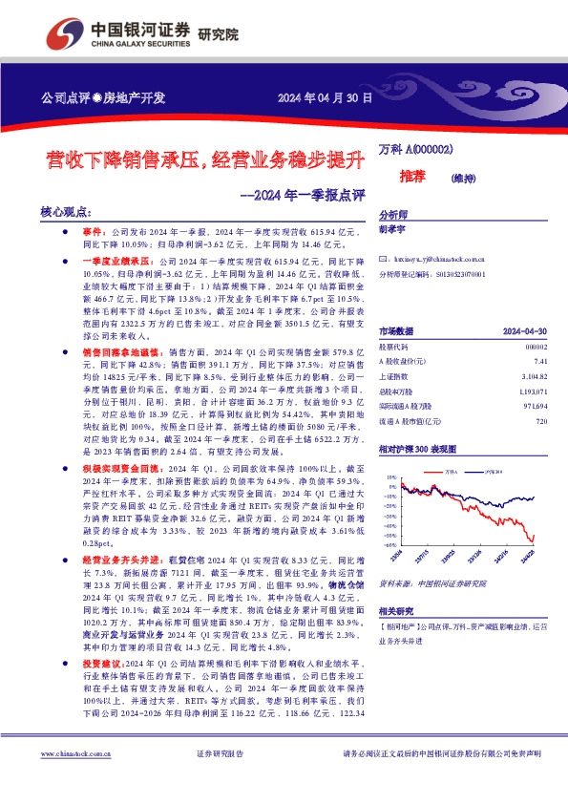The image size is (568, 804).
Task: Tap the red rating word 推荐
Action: (411, 176)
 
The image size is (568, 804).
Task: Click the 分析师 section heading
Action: (394, 216)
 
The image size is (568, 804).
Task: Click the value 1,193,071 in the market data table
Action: (533, 365)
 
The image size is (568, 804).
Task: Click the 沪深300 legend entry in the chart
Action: (494, 471)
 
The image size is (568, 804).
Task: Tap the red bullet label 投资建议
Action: (102, 688)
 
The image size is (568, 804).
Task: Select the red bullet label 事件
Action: (92, 232)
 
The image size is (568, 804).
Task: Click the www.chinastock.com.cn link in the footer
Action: (77, 779)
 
